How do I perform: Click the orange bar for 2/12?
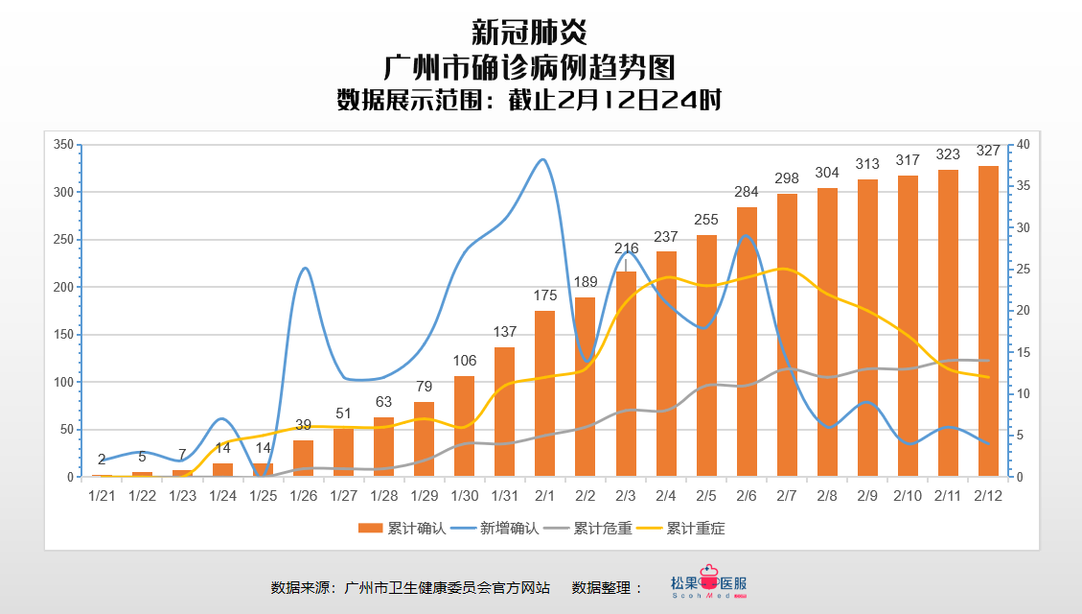988,321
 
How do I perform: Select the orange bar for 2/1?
544,393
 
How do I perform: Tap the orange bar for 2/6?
747,342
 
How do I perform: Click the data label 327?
988,151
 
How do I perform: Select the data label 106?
464,361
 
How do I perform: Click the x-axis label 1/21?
102,495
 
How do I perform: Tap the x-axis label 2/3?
625,495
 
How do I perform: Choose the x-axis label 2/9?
866,495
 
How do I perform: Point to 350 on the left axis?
64,145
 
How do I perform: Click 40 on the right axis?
1023,145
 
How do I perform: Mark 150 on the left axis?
64,335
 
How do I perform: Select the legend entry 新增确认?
495,528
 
